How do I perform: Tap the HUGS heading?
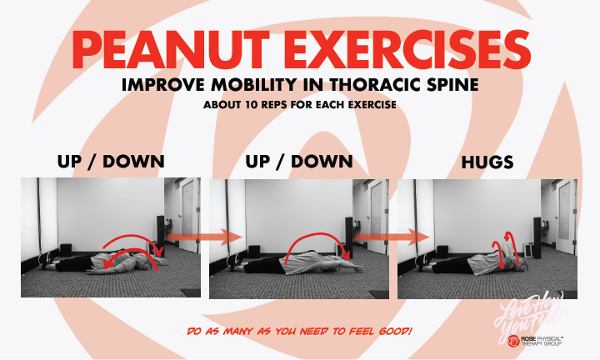point(487,162)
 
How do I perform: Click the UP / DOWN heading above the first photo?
point(110,162)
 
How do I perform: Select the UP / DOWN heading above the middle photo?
point(299,162)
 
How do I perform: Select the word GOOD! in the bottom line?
point(393,332)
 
